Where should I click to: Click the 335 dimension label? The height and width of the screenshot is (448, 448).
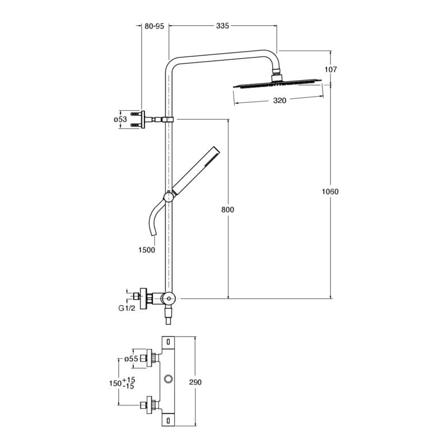pos(222,26)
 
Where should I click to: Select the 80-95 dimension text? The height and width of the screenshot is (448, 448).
pos(154,26)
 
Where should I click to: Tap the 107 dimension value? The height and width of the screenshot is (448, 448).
pos(330,69)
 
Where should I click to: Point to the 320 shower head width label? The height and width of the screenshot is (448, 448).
pos(279,101)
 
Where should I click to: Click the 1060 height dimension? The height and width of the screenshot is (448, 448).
pos(330,192)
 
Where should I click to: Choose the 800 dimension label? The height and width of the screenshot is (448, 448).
pos(227,209)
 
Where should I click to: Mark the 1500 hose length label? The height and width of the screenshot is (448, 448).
pos(146,250)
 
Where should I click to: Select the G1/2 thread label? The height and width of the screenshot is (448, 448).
pos(126,308)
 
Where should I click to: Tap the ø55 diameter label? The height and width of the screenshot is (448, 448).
pos(131,359)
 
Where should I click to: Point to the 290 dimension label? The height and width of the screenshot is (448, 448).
pos(195,382)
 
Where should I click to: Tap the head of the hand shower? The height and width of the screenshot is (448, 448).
pos(212,155)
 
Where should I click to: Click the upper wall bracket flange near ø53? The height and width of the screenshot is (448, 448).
pos(143,119)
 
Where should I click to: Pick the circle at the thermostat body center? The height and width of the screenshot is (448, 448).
pos(169,380)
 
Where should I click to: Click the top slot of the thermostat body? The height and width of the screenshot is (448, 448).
pos(169,342)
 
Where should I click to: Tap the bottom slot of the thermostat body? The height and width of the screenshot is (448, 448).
pos(169,419)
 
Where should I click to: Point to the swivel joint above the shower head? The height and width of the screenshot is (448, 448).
pos(277,73)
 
